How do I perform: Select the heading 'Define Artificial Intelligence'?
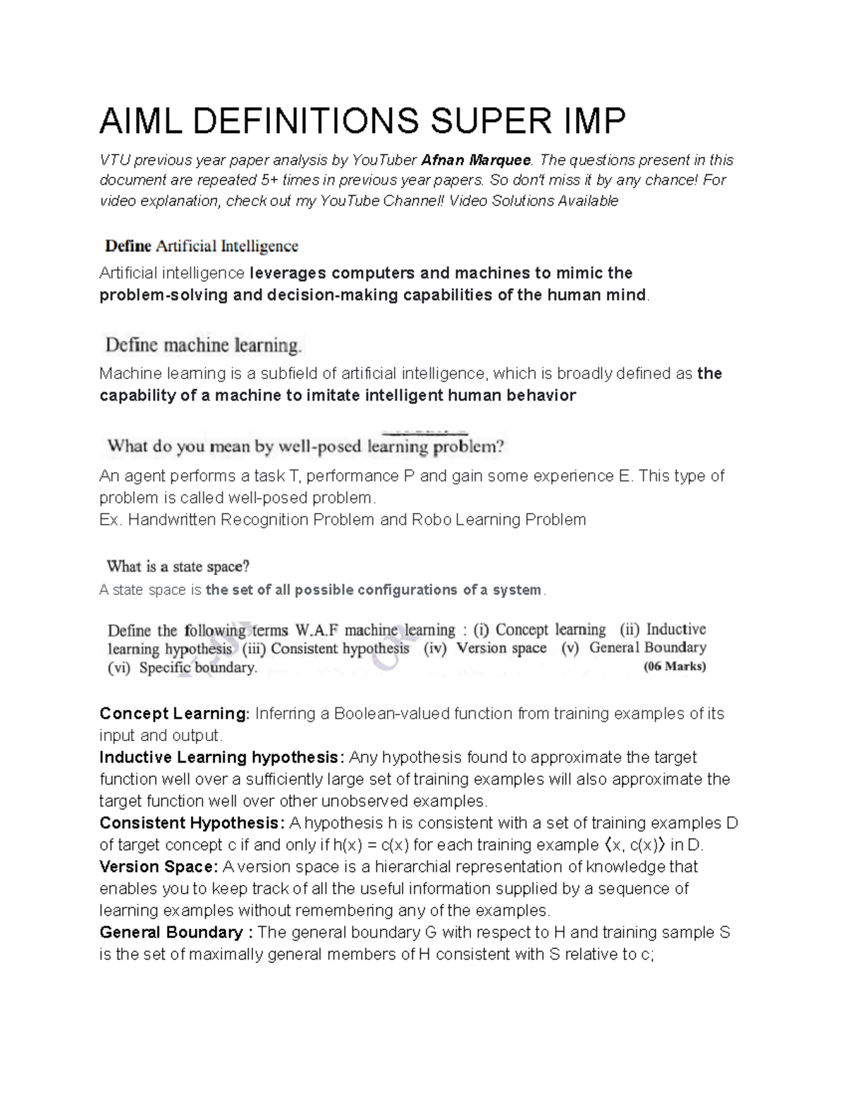point(202,247)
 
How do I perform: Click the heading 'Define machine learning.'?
point(204,346)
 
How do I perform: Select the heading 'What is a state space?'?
point(178,566)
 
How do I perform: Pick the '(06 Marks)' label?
point(675,666)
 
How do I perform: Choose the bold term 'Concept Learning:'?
point(175,714)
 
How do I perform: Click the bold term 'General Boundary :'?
point(176,933)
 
